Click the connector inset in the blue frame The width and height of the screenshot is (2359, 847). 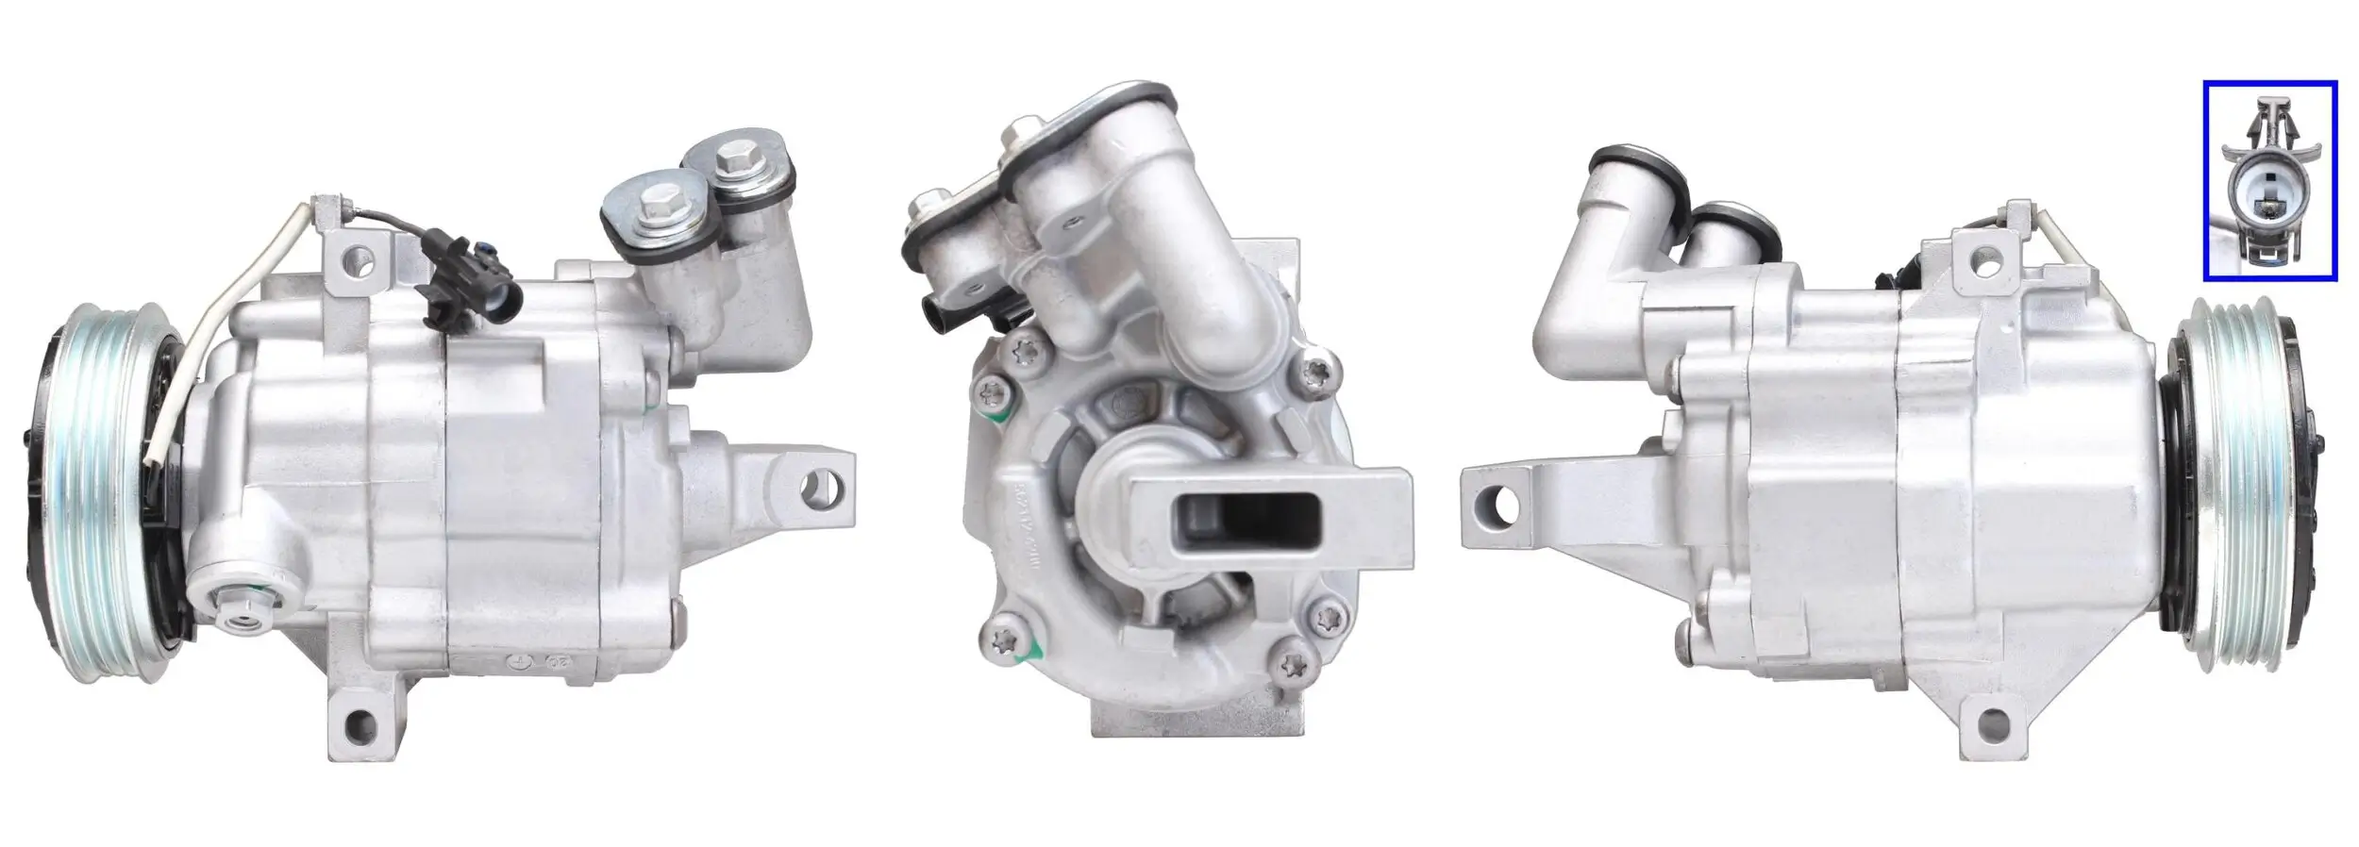[2269, 180]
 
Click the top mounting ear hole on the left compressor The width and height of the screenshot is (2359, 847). [358, 256]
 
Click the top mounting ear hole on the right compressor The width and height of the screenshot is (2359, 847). [1991, 256]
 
